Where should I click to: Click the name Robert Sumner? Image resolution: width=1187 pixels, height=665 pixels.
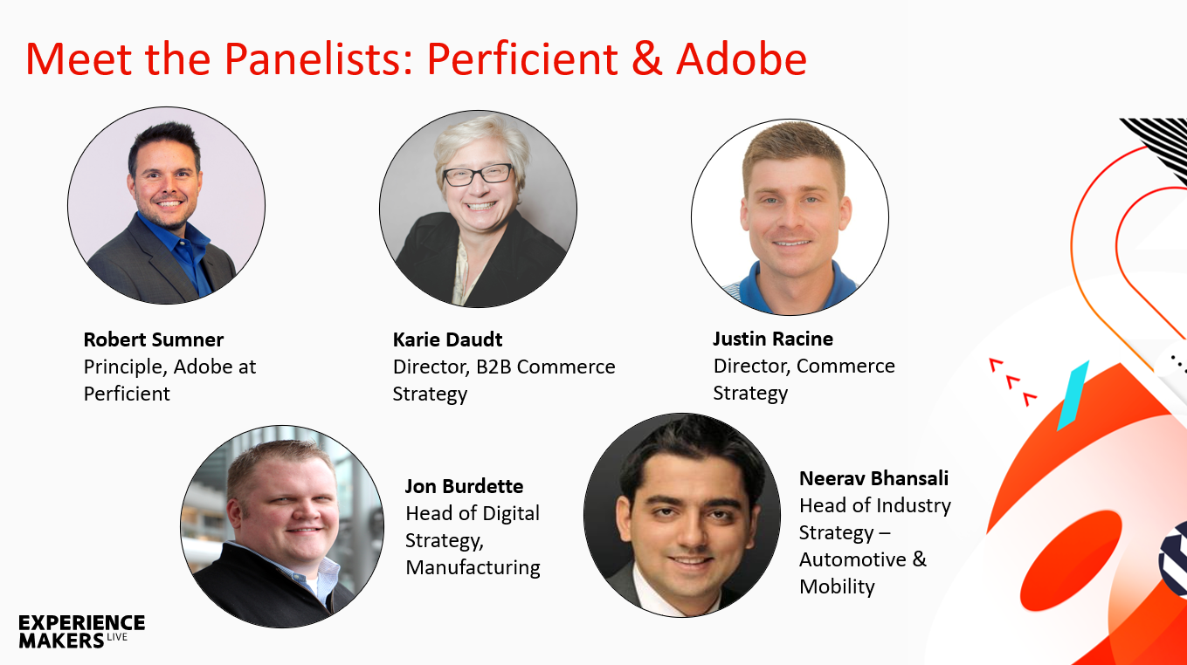click(154, 339)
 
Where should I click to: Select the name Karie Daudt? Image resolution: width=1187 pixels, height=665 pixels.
click(447, 339)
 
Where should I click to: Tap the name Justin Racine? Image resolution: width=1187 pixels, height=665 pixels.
click(773, 339)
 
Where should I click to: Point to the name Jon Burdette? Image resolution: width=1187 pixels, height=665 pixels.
click(464, 487)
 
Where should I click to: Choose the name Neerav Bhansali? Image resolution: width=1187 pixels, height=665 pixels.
click(873, 478)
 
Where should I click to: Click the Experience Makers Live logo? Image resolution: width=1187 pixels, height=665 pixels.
click(81, 631)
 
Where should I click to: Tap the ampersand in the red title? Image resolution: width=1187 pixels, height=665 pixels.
click(646, 58)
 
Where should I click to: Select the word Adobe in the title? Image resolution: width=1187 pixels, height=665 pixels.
click(742, 58)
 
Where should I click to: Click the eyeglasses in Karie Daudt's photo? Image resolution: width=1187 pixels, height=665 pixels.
click(478, 175)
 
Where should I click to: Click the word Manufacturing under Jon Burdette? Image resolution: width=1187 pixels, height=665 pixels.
click(473, 567)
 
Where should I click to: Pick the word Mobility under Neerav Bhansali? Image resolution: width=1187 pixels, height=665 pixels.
click(837, 587)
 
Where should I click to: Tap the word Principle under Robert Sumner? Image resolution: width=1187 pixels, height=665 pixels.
click(125, 367)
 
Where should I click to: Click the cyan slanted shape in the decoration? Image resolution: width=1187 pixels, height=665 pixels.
click(1073, 395)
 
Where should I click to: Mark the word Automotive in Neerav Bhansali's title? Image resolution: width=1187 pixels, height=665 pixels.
click(852, 559)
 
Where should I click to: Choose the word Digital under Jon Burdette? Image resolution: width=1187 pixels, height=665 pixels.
click(510, 514)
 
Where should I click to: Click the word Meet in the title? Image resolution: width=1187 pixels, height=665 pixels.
click(79, 58)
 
